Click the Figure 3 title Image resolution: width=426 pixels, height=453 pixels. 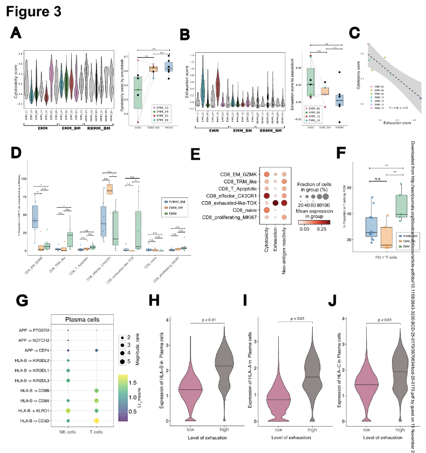click(33, 10)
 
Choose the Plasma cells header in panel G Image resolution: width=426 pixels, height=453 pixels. click(82, 319)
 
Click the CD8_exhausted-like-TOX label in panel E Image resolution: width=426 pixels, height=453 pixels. click(228, 202)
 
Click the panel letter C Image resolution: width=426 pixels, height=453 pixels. click(355, 33)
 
